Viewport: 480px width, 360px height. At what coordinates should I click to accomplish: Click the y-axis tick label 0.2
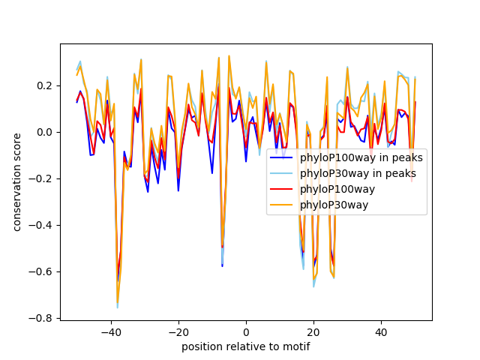click(x=43, y=85)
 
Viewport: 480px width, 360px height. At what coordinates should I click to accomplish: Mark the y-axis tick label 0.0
click(x=43, y=132)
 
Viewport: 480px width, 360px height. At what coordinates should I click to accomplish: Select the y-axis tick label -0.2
click(x=40, y=178)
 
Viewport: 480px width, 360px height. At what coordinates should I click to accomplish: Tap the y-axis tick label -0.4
click(x=40, y=225)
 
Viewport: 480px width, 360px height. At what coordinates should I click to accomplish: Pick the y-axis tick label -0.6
click(x=40, y=271)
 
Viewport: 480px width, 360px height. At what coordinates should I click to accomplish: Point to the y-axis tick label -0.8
click(x=40, y=318)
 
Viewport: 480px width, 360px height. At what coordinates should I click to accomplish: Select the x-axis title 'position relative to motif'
click(x=245, y=346)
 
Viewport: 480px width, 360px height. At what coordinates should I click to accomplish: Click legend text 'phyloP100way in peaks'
click(x=361, y=158)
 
